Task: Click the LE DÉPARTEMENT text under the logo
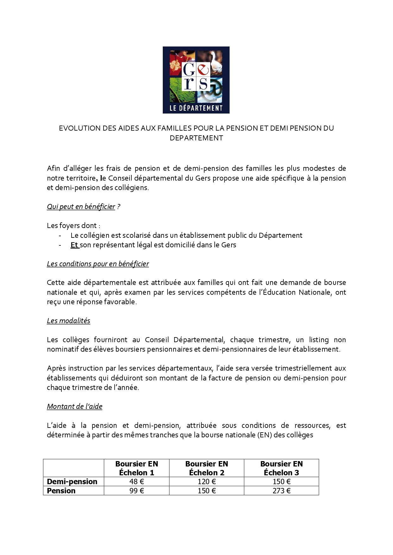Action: (196, 108)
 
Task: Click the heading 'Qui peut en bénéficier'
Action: (81, 207)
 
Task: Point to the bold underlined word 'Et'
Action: (74, 245)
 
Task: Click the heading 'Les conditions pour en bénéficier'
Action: (98, 264)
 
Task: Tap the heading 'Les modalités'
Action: (68, 321)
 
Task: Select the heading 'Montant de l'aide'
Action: (75, 406)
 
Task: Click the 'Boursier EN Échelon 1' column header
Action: (136, 468)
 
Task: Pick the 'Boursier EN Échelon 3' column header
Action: (281, 468)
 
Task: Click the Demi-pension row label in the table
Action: (72, 482)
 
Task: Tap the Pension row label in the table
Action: (61, 491)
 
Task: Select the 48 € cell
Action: (136, 482)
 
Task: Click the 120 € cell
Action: (206, 482)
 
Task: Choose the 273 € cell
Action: (281, 491)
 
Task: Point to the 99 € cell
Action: (136, 491)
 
